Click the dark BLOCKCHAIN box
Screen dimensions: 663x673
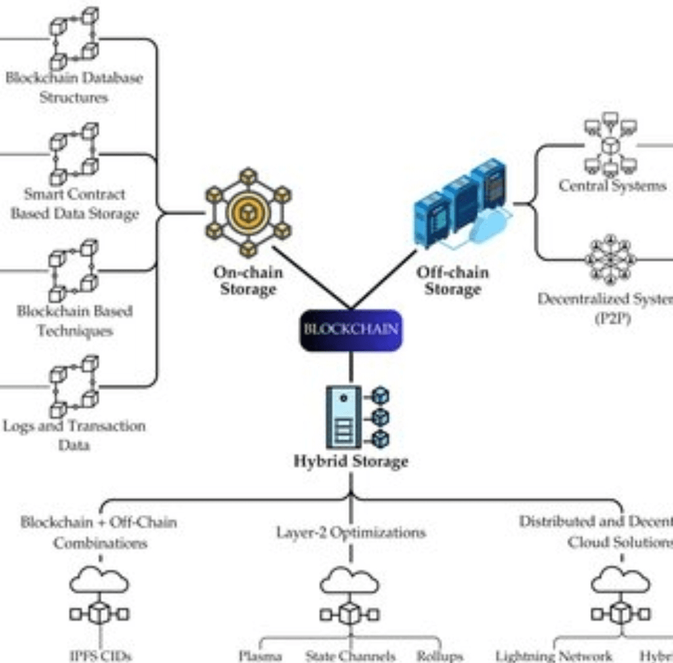(351, 330)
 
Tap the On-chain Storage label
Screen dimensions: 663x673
(248, 280)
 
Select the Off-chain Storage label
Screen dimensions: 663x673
(452, 280)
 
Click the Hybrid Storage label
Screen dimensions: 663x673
(351, 462)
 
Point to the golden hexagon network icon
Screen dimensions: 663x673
(248, 212)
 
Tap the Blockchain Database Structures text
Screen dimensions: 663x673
(74, 88)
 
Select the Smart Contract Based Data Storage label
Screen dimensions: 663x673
(74, 204)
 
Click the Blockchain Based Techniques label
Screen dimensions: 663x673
(74, 320)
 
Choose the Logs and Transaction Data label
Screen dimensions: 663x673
(74, 436)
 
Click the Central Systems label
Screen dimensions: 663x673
(613, 186)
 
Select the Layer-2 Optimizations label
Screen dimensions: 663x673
(351, 533)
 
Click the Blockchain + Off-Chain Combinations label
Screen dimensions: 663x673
(98, 532)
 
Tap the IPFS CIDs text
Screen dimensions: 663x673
(100, 655)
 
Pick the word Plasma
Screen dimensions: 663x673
(260, 656)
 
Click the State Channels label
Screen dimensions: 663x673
(350, 656)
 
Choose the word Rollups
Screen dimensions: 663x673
(440, 656)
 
